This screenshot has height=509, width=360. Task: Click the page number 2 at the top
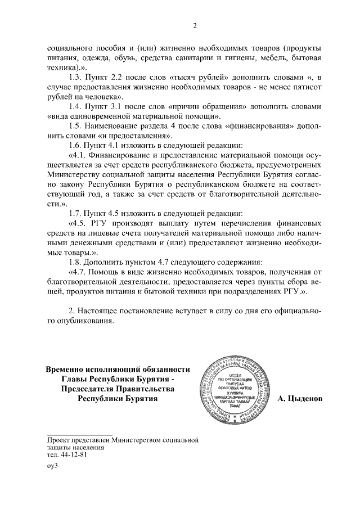point(194,25)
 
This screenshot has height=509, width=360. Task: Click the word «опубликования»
point(83,322)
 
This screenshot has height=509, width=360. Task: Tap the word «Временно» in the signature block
point(66,368)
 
